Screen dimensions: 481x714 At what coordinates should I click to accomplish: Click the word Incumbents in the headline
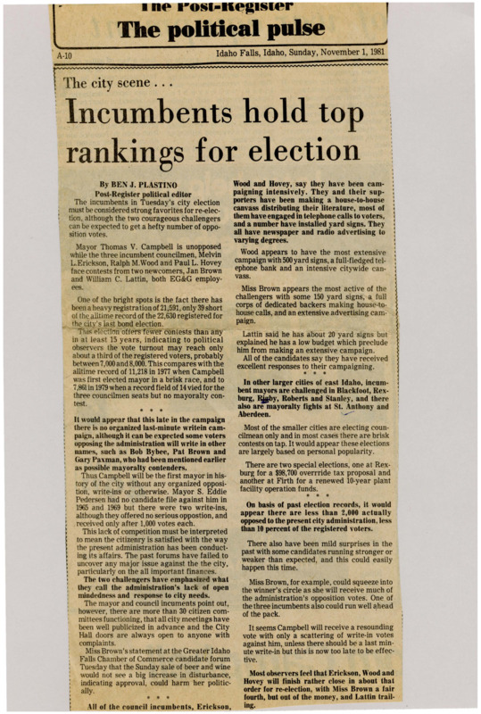(148, 113)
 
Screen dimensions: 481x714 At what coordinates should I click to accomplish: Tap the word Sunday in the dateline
(291, 53)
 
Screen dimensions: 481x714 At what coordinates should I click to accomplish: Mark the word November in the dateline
(335, 53)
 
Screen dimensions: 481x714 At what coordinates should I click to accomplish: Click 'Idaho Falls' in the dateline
(236, 53)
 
